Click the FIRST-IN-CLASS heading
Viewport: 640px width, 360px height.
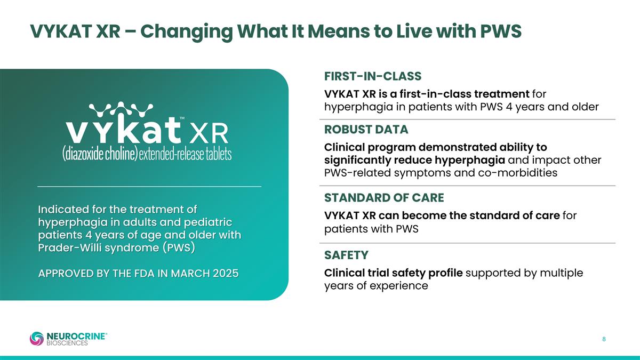coord(373,76)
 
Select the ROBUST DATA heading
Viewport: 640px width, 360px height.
coord(366,130)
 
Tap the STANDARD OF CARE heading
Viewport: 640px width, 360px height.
coord(384,198)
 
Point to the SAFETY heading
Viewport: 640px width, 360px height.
coord(346,255)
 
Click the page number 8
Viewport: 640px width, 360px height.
coord(604,339)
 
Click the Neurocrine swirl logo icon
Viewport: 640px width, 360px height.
coord(37,339)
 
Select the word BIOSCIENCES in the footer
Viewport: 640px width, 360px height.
coord(67,343)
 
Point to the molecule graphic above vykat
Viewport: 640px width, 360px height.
coord(121,109)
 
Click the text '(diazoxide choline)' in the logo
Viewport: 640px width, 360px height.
coord(100,154)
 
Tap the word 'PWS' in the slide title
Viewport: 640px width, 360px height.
coord(501,31)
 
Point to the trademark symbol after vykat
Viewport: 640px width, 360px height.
coord(182,118)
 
